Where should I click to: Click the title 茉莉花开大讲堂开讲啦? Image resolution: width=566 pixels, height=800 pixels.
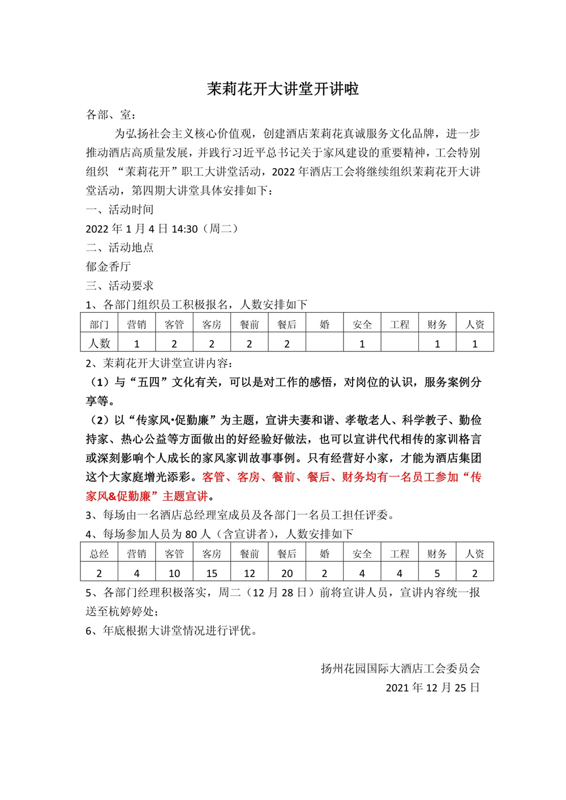pos(282,89)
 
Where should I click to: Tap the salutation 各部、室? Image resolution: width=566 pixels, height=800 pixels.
pos(108,115)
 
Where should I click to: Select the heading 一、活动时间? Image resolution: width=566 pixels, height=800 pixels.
pos(119,210)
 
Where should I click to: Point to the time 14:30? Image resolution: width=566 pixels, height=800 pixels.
pos(185,229)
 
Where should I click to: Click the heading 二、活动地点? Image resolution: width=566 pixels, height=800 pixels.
pos(119,248)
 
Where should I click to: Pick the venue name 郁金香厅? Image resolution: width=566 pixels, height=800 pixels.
pos(108,266)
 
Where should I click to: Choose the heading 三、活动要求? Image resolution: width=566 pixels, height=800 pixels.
pos(119,286)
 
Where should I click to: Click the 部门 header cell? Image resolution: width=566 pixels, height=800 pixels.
pos(99,324)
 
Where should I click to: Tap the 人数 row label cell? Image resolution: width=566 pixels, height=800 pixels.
pos(99,343)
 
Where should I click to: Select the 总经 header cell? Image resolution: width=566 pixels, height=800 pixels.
pos(99,554)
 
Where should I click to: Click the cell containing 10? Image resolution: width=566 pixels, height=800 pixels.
pos(174,573)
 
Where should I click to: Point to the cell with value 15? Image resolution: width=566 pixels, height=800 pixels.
pos(212,573)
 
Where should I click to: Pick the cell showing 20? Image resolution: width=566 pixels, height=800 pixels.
pos(287,573)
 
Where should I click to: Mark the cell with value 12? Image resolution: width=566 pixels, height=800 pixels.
pos(250,573)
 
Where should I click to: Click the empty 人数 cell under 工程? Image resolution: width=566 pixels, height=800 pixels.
pos(400,343)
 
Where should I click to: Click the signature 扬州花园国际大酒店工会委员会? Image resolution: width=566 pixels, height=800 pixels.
pos(400,669)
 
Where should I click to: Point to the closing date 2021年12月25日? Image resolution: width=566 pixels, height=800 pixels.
pos(433,688)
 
